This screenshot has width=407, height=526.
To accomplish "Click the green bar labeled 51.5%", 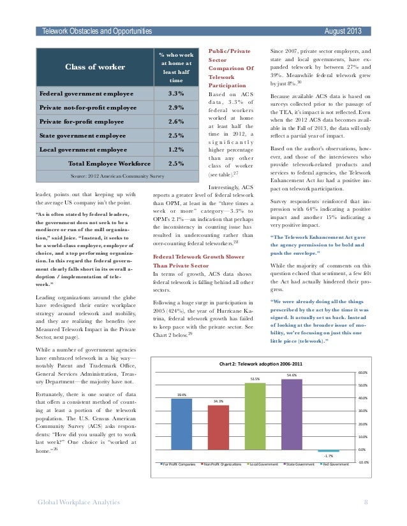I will [x=255, y=417].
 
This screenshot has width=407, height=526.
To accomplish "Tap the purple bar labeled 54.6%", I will [x=292, y=415].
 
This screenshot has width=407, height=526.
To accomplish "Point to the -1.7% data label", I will [x=329, y=456].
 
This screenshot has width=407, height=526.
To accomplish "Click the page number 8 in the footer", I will [x=366, y=503].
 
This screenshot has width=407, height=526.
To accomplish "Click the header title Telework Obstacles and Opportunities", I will [x=96, y=31].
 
